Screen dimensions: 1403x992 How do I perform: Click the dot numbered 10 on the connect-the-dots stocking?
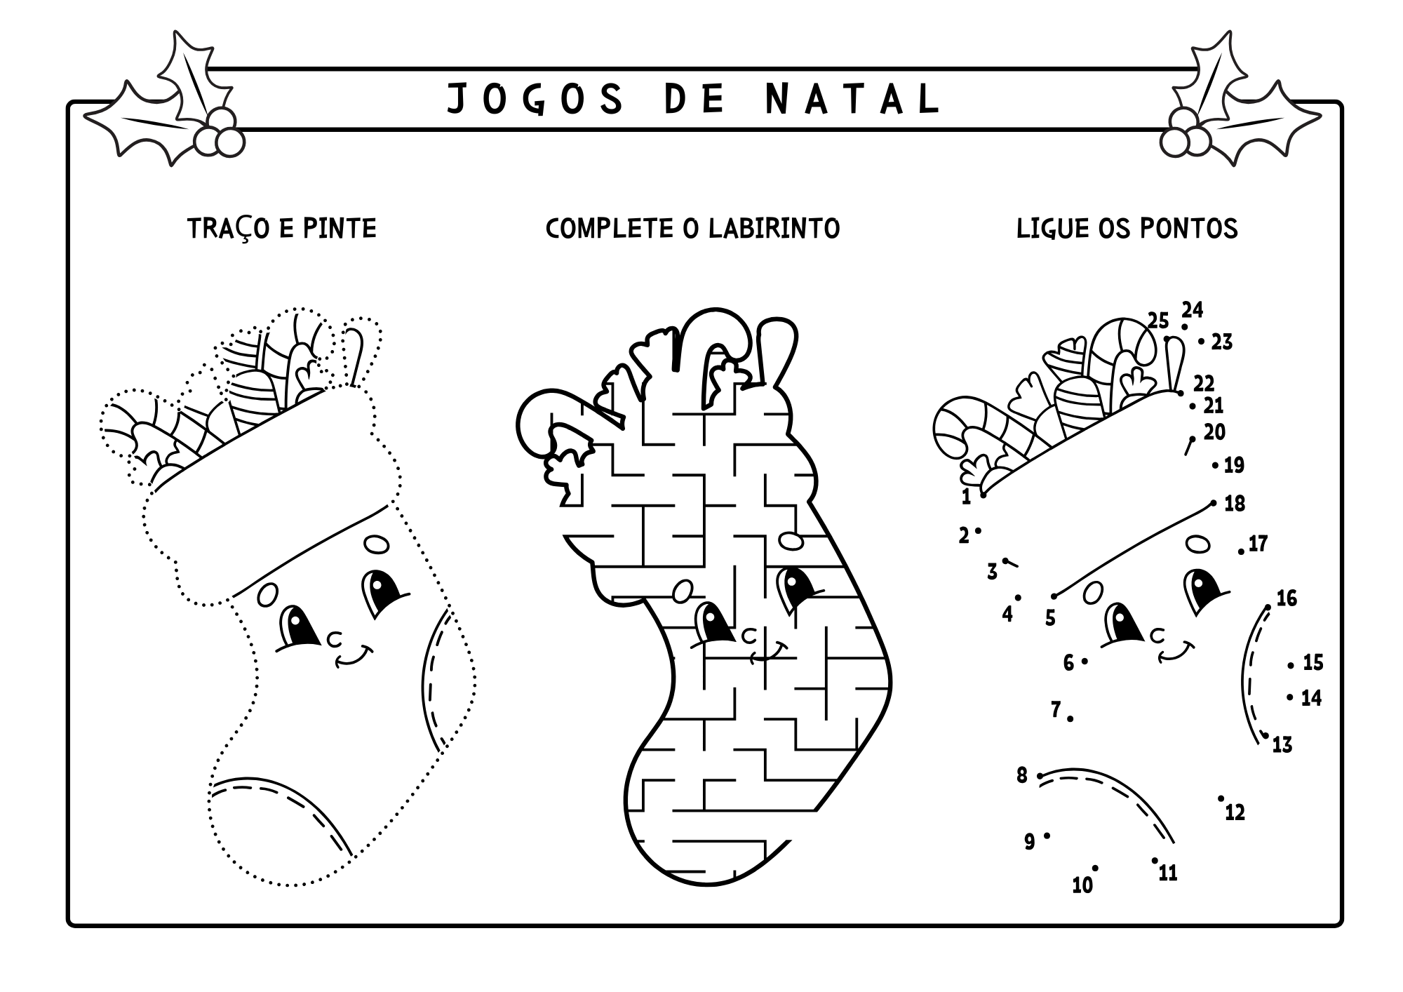[x=1095, y=868]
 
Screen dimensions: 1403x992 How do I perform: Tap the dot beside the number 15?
[x=1290, y=665]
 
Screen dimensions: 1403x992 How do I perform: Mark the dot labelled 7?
[x=1070, y=718]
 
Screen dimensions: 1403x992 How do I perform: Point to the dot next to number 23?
[x=1201, y=342]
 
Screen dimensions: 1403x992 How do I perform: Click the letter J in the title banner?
[x=457, y=99]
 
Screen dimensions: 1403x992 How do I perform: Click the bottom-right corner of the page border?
[x=1341, y=925]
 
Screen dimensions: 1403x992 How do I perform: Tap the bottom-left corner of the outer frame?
[x=69, y=925]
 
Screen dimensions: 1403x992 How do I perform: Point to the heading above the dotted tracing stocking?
[x=282, y=229]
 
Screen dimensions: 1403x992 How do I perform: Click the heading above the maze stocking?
[x=693, y=229]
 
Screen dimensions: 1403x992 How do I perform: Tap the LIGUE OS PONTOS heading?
[x=1127, y=229]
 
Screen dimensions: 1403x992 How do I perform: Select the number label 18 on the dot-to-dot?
[x=1235, y=504]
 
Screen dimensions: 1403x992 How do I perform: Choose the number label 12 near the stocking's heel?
[x=1235, y=812]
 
